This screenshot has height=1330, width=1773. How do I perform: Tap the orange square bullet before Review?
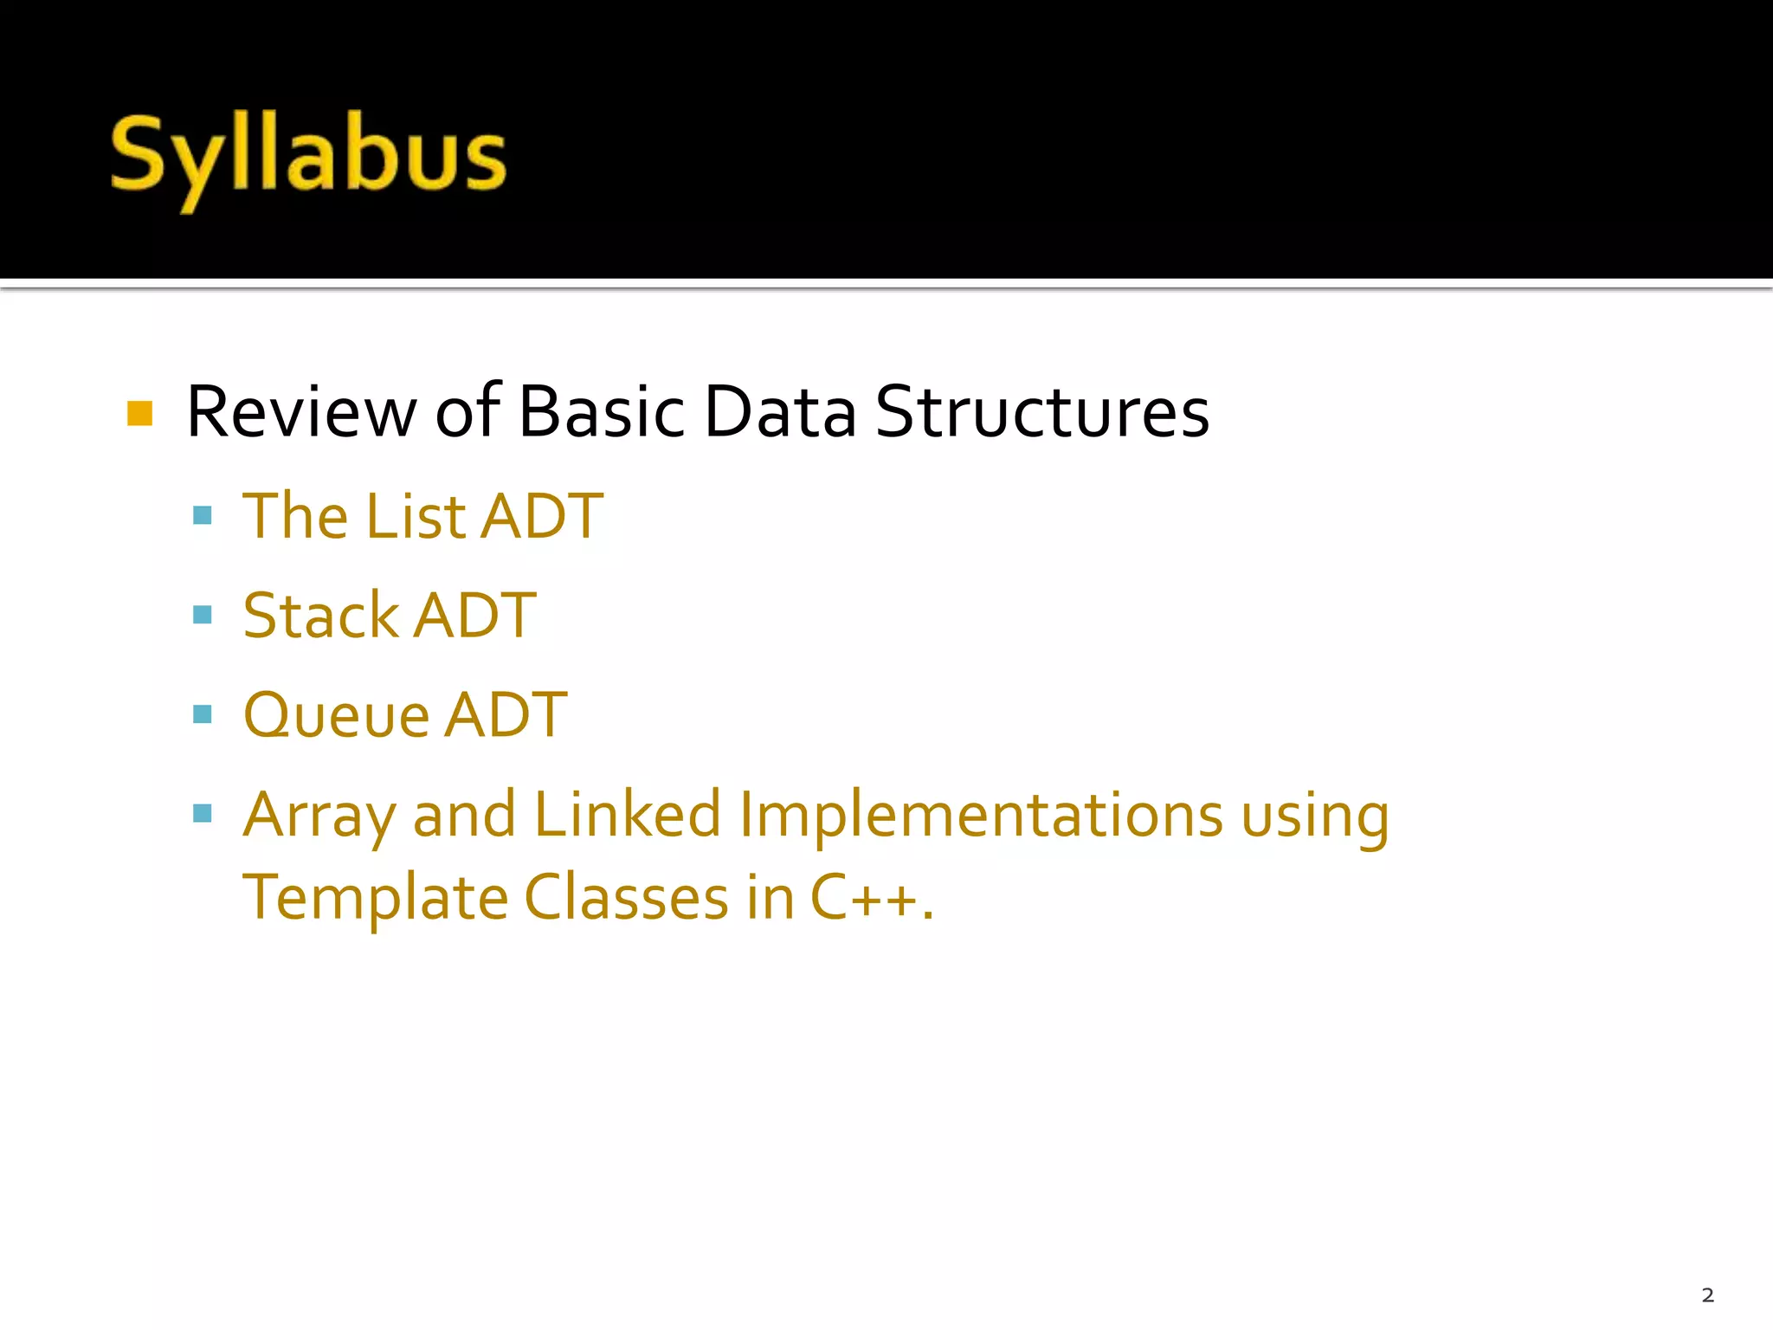139,413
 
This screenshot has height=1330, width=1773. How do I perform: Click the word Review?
300,412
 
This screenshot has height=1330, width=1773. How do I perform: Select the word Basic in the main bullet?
602,412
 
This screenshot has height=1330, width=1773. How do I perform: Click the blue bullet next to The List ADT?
203,516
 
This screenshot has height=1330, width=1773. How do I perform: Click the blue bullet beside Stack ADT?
203,615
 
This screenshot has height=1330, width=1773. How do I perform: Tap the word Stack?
320,616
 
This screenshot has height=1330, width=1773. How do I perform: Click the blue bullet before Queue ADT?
203,714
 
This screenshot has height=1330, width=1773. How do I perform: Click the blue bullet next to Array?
203,813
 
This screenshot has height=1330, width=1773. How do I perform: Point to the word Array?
319,817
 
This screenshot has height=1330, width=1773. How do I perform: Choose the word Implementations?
981,817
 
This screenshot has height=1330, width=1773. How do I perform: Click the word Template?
375,899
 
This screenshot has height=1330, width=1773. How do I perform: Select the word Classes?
627,897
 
